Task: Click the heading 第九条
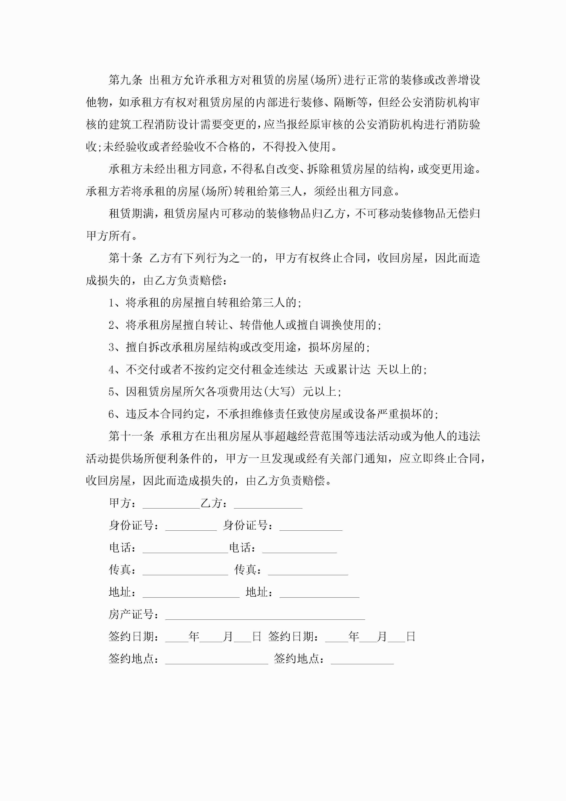pyautogui.click(x=126, y=80)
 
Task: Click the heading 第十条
pyautogui.click(x=126, y=258)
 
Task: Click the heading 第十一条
pyautogui.click(x=131, y=436)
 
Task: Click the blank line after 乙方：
pyautogui.click(x=268, y=505)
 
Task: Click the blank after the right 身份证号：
pyautogui.click(x=311, y=527)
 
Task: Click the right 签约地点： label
pyautogui.click(x=299, y=659)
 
